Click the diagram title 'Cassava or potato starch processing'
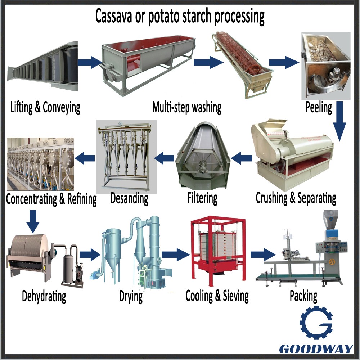180,16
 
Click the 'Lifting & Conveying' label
45,107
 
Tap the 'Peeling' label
319,107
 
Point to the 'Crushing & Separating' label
296,198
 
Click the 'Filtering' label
202,198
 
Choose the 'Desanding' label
129,198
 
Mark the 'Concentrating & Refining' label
51,198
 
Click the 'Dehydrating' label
44,296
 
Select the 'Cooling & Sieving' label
217,296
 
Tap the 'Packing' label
303,296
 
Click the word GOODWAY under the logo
316,348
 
